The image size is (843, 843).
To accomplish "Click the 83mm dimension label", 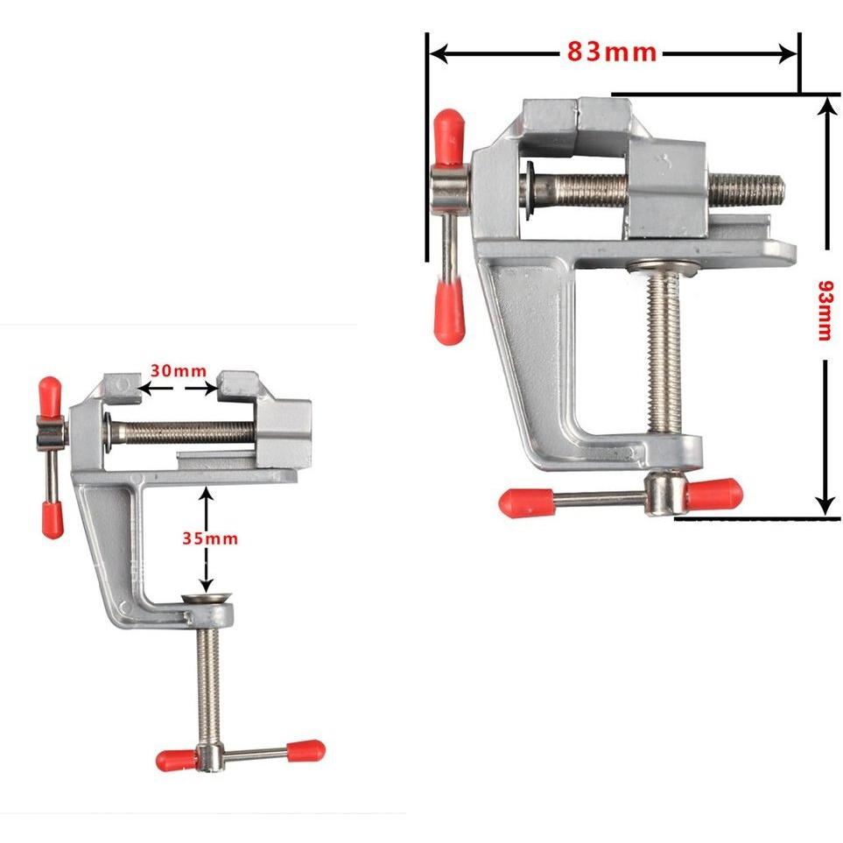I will tap(611, 53).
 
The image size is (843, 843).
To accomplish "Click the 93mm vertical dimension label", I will tap(824, 311).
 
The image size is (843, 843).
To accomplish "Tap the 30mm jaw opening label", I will tap(178, 370).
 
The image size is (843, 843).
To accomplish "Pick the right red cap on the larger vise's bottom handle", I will tap(715, 494).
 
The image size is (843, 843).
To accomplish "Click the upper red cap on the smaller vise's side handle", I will tap(50, 397).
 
